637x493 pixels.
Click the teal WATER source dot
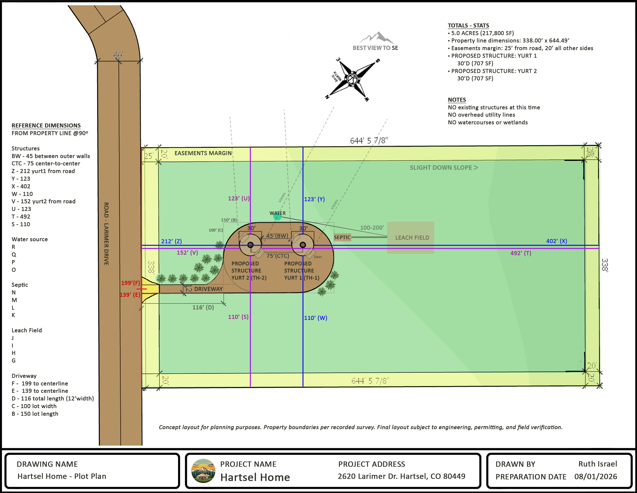[277, 216]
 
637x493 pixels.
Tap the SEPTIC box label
[342, 237]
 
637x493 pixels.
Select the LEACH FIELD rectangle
[411, 238]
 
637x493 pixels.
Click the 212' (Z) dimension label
[171, 241]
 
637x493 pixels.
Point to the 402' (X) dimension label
[557, 241]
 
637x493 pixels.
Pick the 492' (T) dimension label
[521, 253]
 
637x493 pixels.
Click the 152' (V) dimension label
[187, 252]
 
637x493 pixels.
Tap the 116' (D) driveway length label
[203, 307]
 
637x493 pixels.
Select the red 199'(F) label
[130, 283]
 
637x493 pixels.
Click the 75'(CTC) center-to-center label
[278, 256]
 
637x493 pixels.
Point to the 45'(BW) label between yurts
[277, 236]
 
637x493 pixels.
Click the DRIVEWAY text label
[209, 289]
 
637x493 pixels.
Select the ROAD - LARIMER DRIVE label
[107, 234]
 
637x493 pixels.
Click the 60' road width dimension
[118, 55]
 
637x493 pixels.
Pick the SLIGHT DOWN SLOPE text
[444, 168]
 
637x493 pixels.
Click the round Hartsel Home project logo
[203, 471]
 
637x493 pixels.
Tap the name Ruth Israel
[598, 464]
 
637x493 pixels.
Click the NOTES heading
[457, 100]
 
